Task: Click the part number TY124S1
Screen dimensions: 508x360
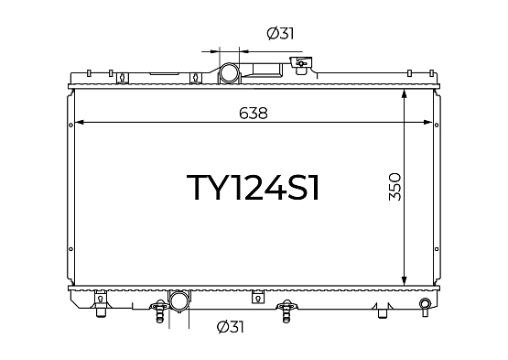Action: point(253,188)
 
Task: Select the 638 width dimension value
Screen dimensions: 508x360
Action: point(254,114)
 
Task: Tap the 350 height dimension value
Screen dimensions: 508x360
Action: point(395,187)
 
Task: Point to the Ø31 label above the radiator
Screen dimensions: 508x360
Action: point(281,33)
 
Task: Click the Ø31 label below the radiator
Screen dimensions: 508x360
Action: point(230,327)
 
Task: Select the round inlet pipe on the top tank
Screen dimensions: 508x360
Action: point(229,73)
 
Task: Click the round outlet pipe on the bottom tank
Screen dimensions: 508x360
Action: point(178,300)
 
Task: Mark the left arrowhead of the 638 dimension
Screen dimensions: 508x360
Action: point(79,122)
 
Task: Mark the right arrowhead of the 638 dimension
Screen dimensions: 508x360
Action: point(428,122)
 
